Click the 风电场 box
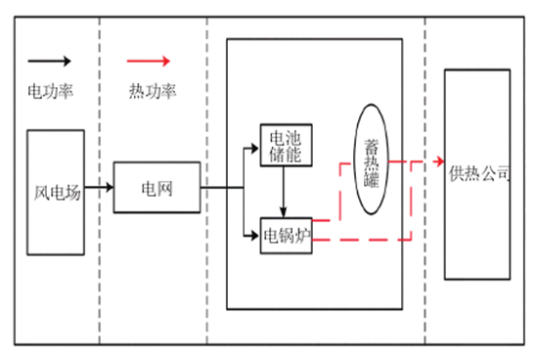click(54, 192)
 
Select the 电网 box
click(157, 186)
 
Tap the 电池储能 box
click(285, 146)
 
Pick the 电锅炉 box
click(286, 236)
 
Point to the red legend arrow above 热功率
click(152, 60)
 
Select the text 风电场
click(54, 193)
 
